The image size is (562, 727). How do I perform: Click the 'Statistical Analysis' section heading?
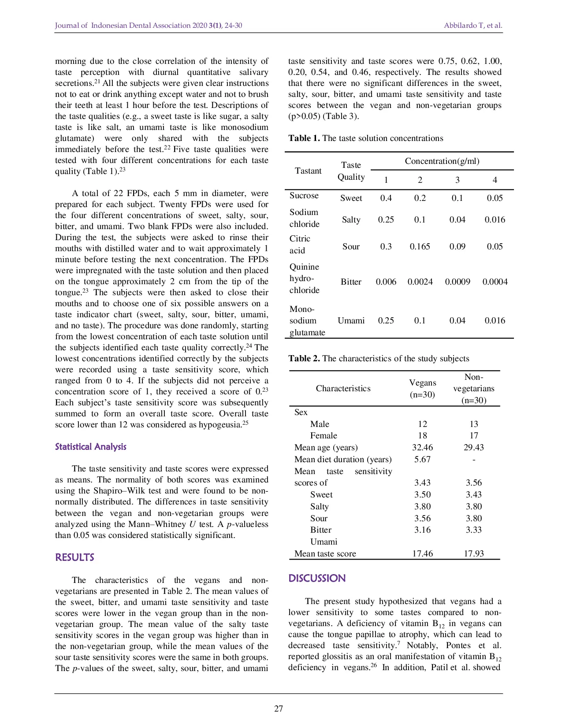90,447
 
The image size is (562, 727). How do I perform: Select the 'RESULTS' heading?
74,557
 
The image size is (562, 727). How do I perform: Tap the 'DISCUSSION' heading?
316,579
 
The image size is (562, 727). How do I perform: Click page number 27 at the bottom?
279,708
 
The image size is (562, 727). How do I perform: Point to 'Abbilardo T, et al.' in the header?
473,25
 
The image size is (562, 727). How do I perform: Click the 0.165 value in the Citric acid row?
420,246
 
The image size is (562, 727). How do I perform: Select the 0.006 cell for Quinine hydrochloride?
386,282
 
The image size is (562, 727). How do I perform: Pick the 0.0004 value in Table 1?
495,282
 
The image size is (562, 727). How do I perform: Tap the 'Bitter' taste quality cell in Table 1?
351,282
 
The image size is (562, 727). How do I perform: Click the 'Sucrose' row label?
304,196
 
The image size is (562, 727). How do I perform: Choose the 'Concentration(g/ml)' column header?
442,161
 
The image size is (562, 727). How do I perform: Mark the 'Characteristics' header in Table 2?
343,388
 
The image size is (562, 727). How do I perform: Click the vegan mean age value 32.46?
422,447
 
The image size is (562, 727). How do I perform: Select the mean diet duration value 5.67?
422,459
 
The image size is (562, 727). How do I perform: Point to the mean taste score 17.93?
473,553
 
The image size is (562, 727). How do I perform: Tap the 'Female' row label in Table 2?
324,435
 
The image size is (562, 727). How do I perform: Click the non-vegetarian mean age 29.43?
473,447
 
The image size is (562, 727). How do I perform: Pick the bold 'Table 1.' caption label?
304,138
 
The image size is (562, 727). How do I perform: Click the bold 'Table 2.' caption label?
304,358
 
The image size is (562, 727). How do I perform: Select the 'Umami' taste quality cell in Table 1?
351,320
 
